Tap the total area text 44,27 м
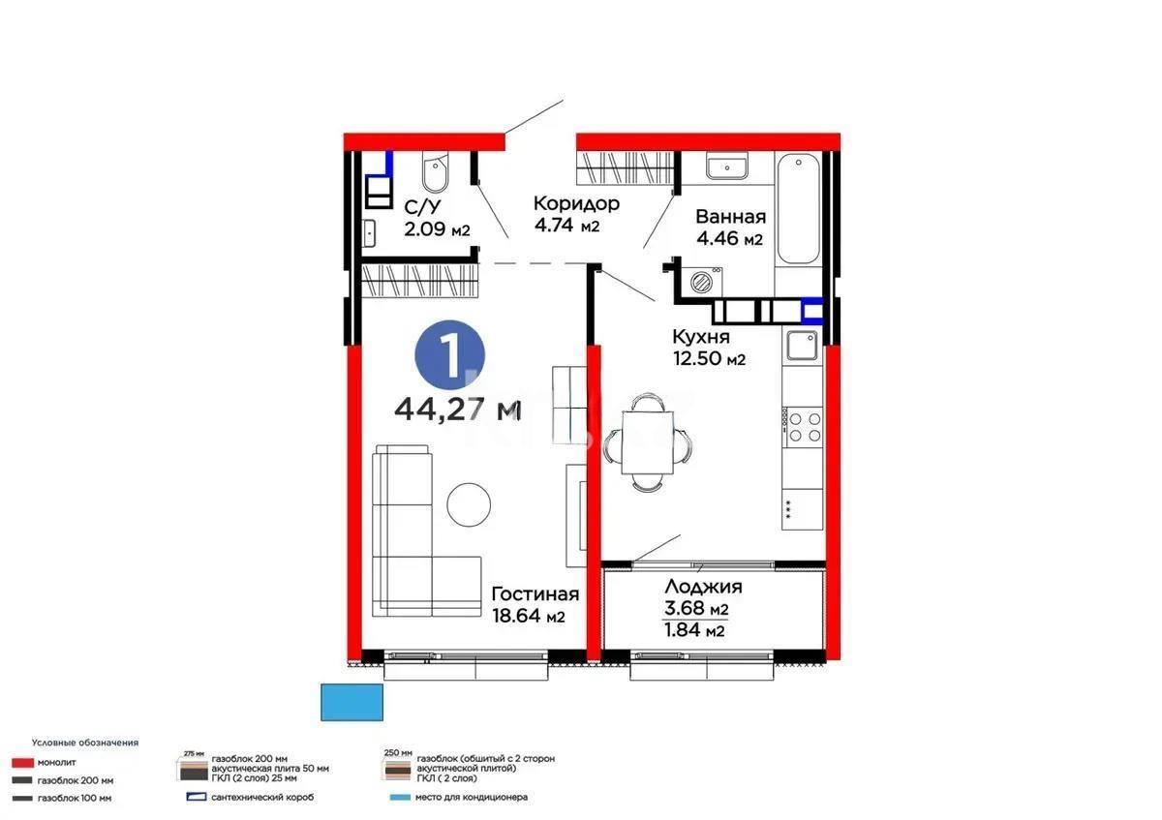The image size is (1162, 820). (457, 410)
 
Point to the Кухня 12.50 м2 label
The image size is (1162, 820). (709, 348)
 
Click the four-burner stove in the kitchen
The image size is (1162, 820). (802, 427)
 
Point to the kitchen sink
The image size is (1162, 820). (802, 345)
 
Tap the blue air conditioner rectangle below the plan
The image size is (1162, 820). (352, 702)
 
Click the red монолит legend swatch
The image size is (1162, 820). (20, 763)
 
